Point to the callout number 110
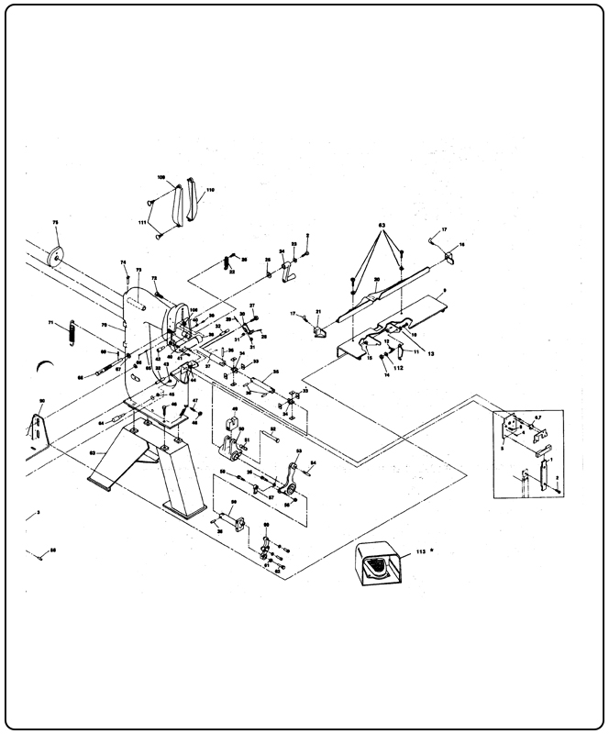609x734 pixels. pyautogui.click(x=211, y=190)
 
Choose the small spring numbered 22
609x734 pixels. pyautogui.click(x=227, y=261)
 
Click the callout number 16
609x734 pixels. pyautogui.click(x=461, y=244)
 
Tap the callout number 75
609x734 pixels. pyautogui.click(x=55, y=224)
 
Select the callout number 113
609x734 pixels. pyautogui.click(x=420, y=552)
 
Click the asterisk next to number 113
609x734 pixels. pyautogui.click(x=431, y=550)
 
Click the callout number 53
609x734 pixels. pyautogui.click(x=298, y=452)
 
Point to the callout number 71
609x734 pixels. pyautogui.click(x=52, y=322)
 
